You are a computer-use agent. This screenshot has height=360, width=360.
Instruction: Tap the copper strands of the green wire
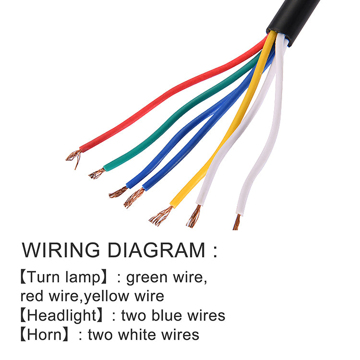pos(97,174)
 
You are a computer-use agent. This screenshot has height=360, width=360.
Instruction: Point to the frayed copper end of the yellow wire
pos(161,216)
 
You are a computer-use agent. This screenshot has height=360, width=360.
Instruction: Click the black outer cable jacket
pos(293,21)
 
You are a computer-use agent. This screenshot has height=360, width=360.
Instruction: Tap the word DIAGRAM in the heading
pos(156,250)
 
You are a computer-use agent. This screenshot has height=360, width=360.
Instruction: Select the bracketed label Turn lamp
pos(63,277)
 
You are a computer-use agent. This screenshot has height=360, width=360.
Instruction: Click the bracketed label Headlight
pos(61,315)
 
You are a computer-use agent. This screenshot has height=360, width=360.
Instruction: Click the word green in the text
pos(147,278)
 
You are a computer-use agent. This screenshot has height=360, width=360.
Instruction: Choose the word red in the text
pos(32,296)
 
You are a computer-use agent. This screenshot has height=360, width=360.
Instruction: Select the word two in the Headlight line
pos(133,316)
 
